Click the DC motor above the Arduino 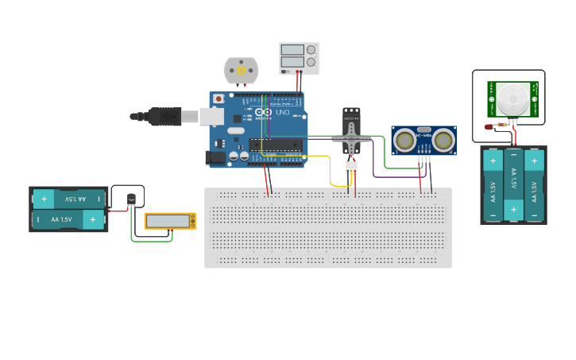tap(241, 71)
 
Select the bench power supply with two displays tap(299, 58)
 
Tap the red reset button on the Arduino tap(218, 99)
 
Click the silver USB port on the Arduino tap(211, 117)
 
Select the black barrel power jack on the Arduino tap(215, 158)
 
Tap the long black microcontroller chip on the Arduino tap(275, 145)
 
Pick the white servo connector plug tap(350, 167)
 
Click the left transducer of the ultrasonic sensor tap(404, 141)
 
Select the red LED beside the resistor tap(489, 126)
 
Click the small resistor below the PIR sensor tap(501, 125)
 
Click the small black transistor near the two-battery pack tap(132, 199)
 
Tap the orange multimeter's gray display tap(168, 220)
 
